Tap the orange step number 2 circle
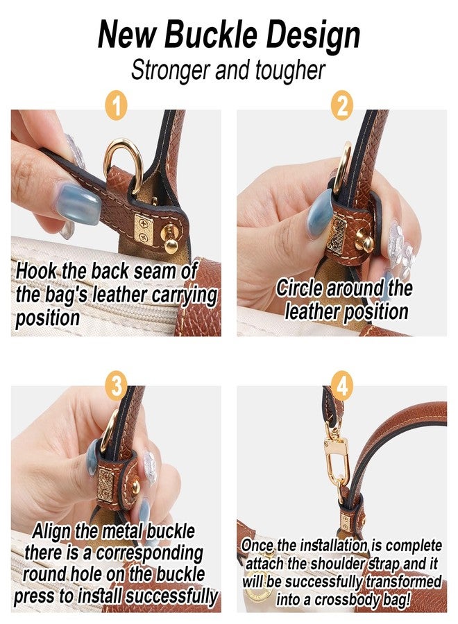pos(341,105)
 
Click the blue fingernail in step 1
pos(79,204)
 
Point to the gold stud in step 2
pos(364,240)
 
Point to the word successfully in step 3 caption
pos(171,596)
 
